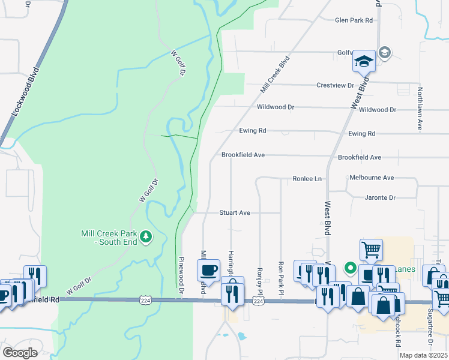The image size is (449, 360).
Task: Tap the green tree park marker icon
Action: click(146, 238)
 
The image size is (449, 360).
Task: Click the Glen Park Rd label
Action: click(354, 20)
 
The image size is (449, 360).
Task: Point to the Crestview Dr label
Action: click(335, 85)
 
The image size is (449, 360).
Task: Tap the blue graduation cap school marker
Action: click(364, 62)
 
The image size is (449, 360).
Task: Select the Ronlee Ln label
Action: click(307, 179)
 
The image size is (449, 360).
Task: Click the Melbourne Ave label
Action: click(372, 178)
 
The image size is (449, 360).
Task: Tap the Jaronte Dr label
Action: click(380, 197)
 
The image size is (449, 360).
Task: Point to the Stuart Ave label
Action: click(235, 212)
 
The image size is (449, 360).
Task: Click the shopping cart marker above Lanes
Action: click(371, 249)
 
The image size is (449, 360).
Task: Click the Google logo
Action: click(20, 353)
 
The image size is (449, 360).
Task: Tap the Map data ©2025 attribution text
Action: click(423, 355)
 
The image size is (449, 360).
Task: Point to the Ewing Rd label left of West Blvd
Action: click(252, 130)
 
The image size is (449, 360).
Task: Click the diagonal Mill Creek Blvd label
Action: click(271, 74)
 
